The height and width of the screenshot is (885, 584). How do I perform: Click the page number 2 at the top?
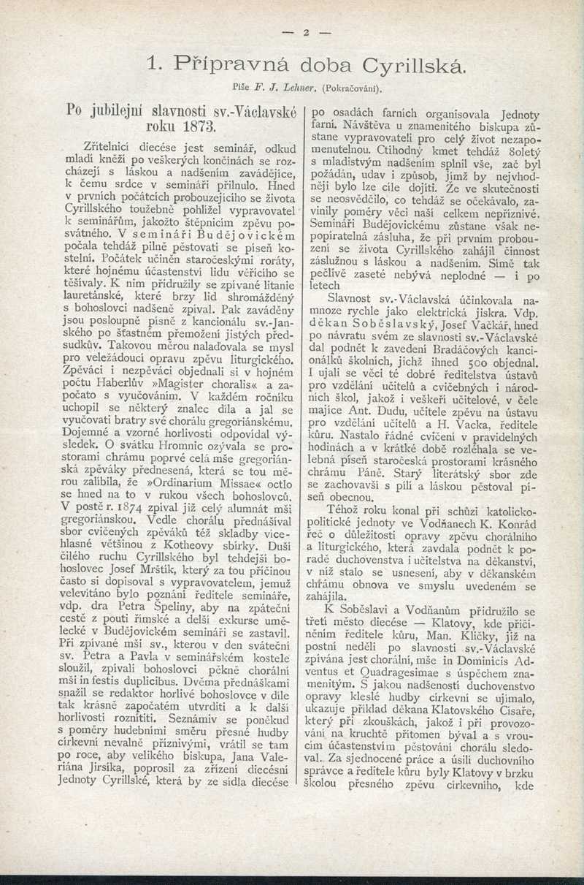(x=307, y=33)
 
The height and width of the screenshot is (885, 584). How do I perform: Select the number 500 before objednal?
(x=467, y=363)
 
